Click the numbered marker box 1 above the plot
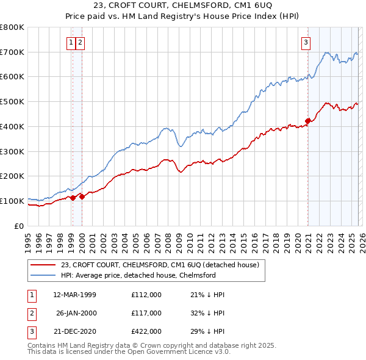coord(71,42)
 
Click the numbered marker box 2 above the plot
coord(81,42)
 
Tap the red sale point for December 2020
coord(308,121)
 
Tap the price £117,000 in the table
coord(146,313)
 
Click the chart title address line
coord(182,7)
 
